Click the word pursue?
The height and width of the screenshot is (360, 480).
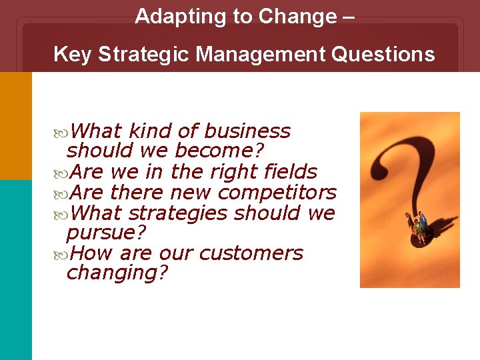106,233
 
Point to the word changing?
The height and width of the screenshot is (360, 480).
117,273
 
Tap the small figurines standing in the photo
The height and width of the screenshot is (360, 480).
418,228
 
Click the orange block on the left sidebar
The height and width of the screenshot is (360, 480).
15,125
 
